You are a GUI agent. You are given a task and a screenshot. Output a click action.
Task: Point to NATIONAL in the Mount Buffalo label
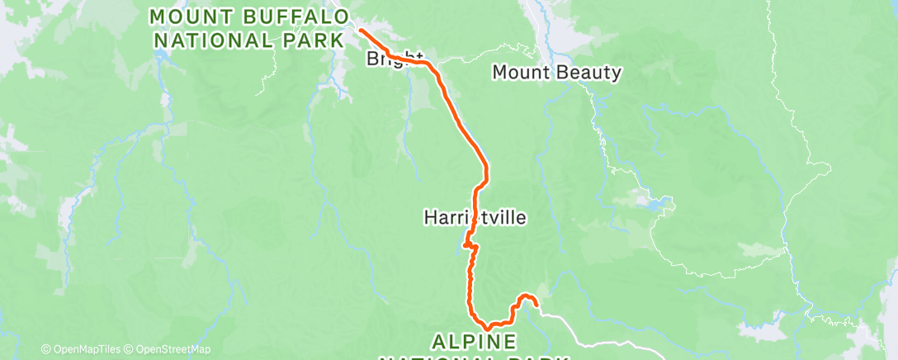click(x=213, y=39)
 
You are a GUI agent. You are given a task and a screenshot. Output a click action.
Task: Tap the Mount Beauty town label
click(x=556, y=73)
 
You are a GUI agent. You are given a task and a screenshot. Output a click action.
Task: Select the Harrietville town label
click(x=475, y=218)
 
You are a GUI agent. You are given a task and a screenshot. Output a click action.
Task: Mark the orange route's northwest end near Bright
click(x=361, y=31)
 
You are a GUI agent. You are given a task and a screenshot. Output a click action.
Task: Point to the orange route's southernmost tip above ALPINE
click(x=487, y=328)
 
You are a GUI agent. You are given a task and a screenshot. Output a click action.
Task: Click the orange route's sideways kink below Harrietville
click(x=470, y=245)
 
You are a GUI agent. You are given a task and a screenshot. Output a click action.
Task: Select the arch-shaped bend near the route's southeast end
click(x=525, y=297)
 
